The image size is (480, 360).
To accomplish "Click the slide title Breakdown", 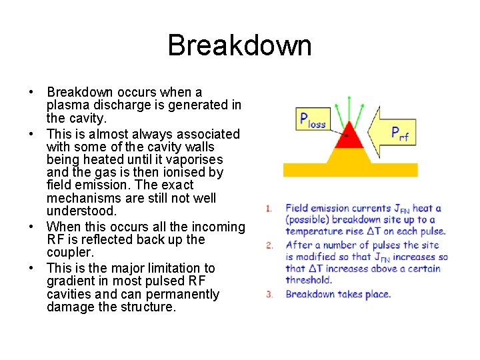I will coord(239,46).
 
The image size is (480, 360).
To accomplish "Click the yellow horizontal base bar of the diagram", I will coord(350,169).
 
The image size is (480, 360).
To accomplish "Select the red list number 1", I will coord(269,209).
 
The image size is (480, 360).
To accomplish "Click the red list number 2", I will coord(269,245).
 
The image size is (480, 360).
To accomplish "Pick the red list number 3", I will coord(269,294).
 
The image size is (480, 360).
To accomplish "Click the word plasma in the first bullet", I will coord(67,105).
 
